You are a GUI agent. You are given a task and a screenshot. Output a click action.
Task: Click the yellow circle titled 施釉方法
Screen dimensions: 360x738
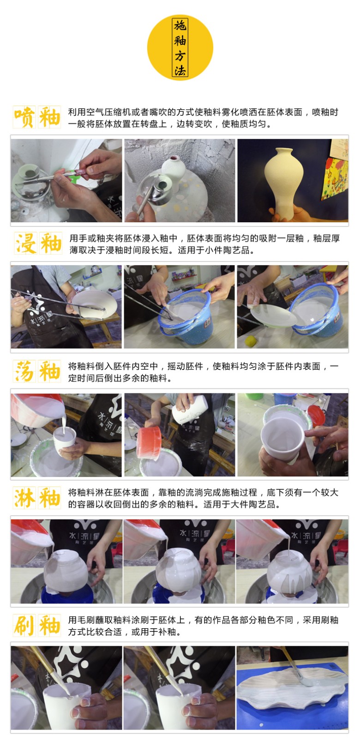click(x=180, y=48)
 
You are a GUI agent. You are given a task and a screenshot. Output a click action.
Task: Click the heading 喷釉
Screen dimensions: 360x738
click(x=37, y=117)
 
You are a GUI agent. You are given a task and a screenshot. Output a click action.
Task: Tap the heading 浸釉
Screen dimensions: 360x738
click(x=37, y=244)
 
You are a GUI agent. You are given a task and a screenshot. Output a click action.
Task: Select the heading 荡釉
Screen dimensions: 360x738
click(x=37, y=371)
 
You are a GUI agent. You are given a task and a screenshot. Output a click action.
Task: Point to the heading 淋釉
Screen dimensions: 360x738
click(x=37, y=498)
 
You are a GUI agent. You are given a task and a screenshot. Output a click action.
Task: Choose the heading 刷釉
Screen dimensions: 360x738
click(x=37, y=625)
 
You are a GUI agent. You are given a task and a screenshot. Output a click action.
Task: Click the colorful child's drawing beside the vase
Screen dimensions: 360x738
click(x=334, y=178)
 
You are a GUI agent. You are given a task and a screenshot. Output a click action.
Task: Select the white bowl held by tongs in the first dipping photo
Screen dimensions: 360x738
click(x=94, y=305)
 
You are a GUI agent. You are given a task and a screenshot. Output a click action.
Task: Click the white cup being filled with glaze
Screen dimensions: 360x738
click(x=64, y=440)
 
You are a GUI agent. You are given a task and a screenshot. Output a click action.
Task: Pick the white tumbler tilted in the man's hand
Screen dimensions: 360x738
click(x=190, y=409)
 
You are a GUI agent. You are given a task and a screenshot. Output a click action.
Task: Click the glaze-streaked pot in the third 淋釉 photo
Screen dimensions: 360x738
click(x=289, y=573)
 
